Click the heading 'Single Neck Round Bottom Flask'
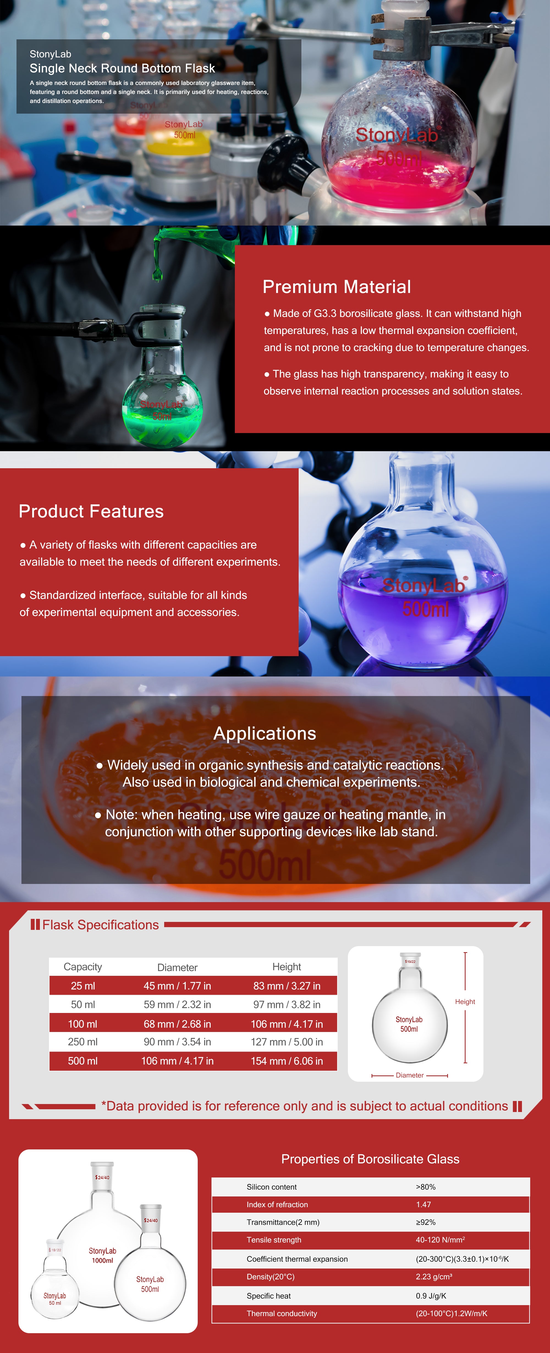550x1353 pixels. click(x=122, y=68)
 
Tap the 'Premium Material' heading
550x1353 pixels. click(x=336, y=287)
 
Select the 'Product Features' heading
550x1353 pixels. click(x=91, y=511)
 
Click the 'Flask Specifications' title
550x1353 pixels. click(x=100, y=925)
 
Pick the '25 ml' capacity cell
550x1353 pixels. click(x=83, y=986)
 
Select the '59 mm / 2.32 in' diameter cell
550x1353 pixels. click(x=177, y=1004)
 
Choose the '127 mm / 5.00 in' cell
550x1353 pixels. click(x=287, y=1042)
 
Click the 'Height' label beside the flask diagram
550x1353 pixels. click(x=465, y=1002)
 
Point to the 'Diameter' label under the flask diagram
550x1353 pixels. click(x=410, y=1075)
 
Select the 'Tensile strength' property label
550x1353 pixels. click(x=274, y=1240)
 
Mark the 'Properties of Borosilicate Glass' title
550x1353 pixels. click(x=370, y=1159)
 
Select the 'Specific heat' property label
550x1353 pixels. click(x=269, y=1296)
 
